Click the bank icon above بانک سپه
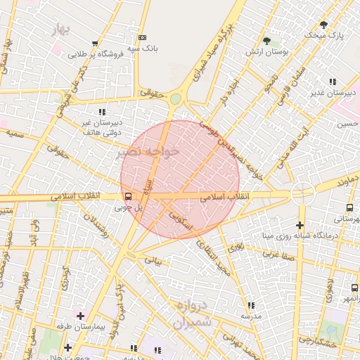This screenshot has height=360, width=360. (x=143, y=37)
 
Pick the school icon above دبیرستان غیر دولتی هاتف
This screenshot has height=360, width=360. (x=102, y=111)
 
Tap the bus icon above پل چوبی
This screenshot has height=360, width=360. (x=128, y=197)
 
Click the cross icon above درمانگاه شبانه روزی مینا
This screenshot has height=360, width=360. (x=300, y=224)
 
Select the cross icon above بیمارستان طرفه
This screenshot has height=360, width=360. (x=79, y=316)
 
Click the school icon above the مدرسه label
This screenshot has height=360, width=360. (x=250, y=305)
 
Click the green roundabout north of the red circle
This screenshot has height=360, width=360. (x=174, y=99)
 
